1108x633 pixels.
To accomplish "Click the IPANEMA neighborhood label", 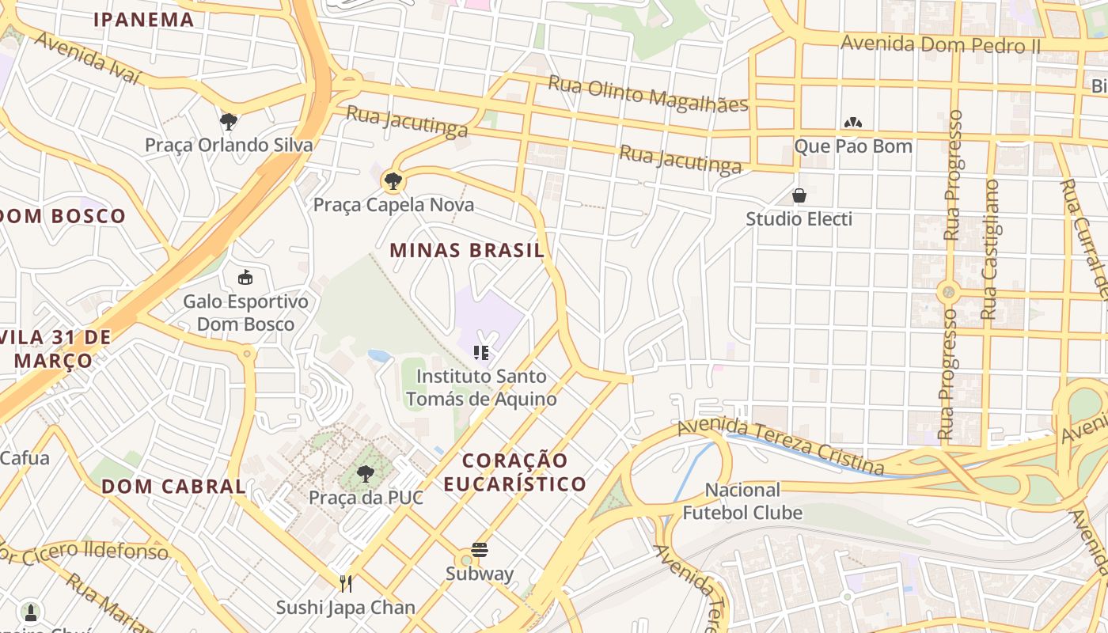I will tap(144, 20).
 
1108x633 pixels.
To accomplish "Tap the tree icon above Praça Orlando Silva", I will tap(229, 122).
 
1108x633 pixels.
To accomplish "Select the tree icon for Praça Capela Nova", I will tap(392, 181).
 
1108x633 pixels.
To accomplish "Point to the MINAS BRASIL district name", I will tap(467, 251).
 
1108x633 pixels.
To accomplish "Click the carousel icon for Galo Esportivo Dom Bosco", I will tap(245, 278).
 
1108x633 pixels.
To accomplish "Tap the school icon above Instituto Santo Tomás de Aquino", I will tap(480, 353).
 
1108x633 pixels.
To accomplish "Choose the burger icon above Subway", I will tap(479, 550).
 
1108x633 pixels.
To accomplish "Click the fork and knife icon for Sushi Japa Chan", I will tap(346, 584).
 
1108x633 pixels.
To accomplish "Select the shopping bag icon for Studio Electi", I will tap(799, 195).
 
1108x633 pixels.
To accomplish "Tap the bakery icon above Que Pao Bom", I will tap(853, 123).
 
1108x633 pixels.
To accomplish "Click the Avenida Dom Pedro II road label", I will tap(940, 44).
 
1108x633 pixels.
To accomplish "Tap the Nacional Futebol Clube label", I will tap(742, 501).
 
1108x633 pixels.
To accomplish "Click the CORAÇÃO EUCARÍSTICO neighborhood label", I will tap(515, 472).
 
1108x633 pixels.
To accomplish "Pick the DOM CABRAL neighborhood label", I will tap(173, 487).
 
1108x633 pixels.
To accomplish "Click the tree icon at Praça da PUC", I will tap(365, 475).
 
